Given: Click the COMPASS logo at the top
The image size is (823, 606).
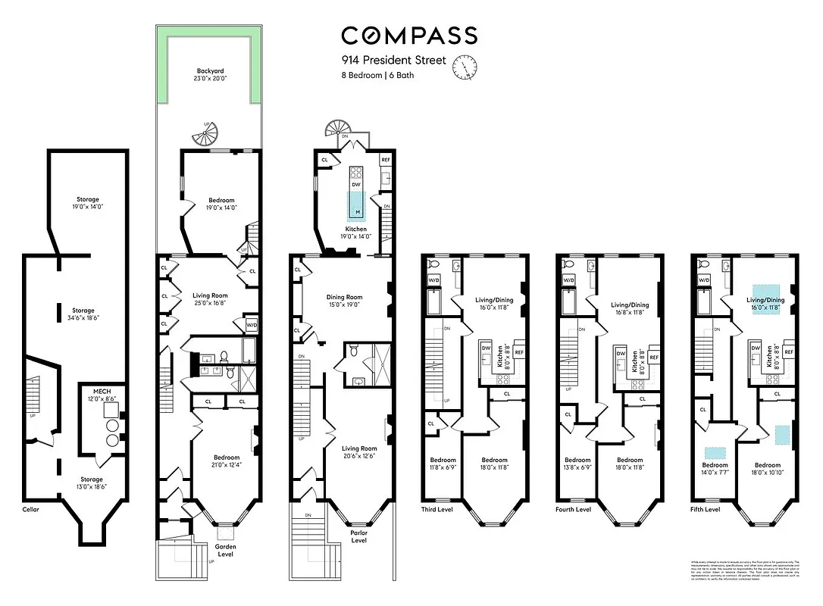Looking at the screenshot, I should click(x=408, y=36).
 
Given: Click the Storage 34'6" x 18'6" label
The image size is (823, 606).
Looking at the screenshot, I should click(x=84, y=315).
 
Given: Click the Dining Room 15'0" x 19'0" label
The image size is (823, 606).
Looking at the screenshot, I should click(x=345, y=301).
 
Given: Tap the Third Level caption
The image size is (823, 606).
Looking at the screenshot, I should click(x=437, y=510).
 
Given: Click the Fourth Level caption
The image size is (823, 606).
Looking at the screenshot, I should click(x=573, y=510).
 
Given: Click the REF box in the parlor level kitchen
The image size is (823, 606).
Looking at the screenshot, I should click(x=385, y=160).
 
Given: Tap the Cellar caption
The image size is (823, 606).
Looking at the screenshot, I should click(x=30, y=510).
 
